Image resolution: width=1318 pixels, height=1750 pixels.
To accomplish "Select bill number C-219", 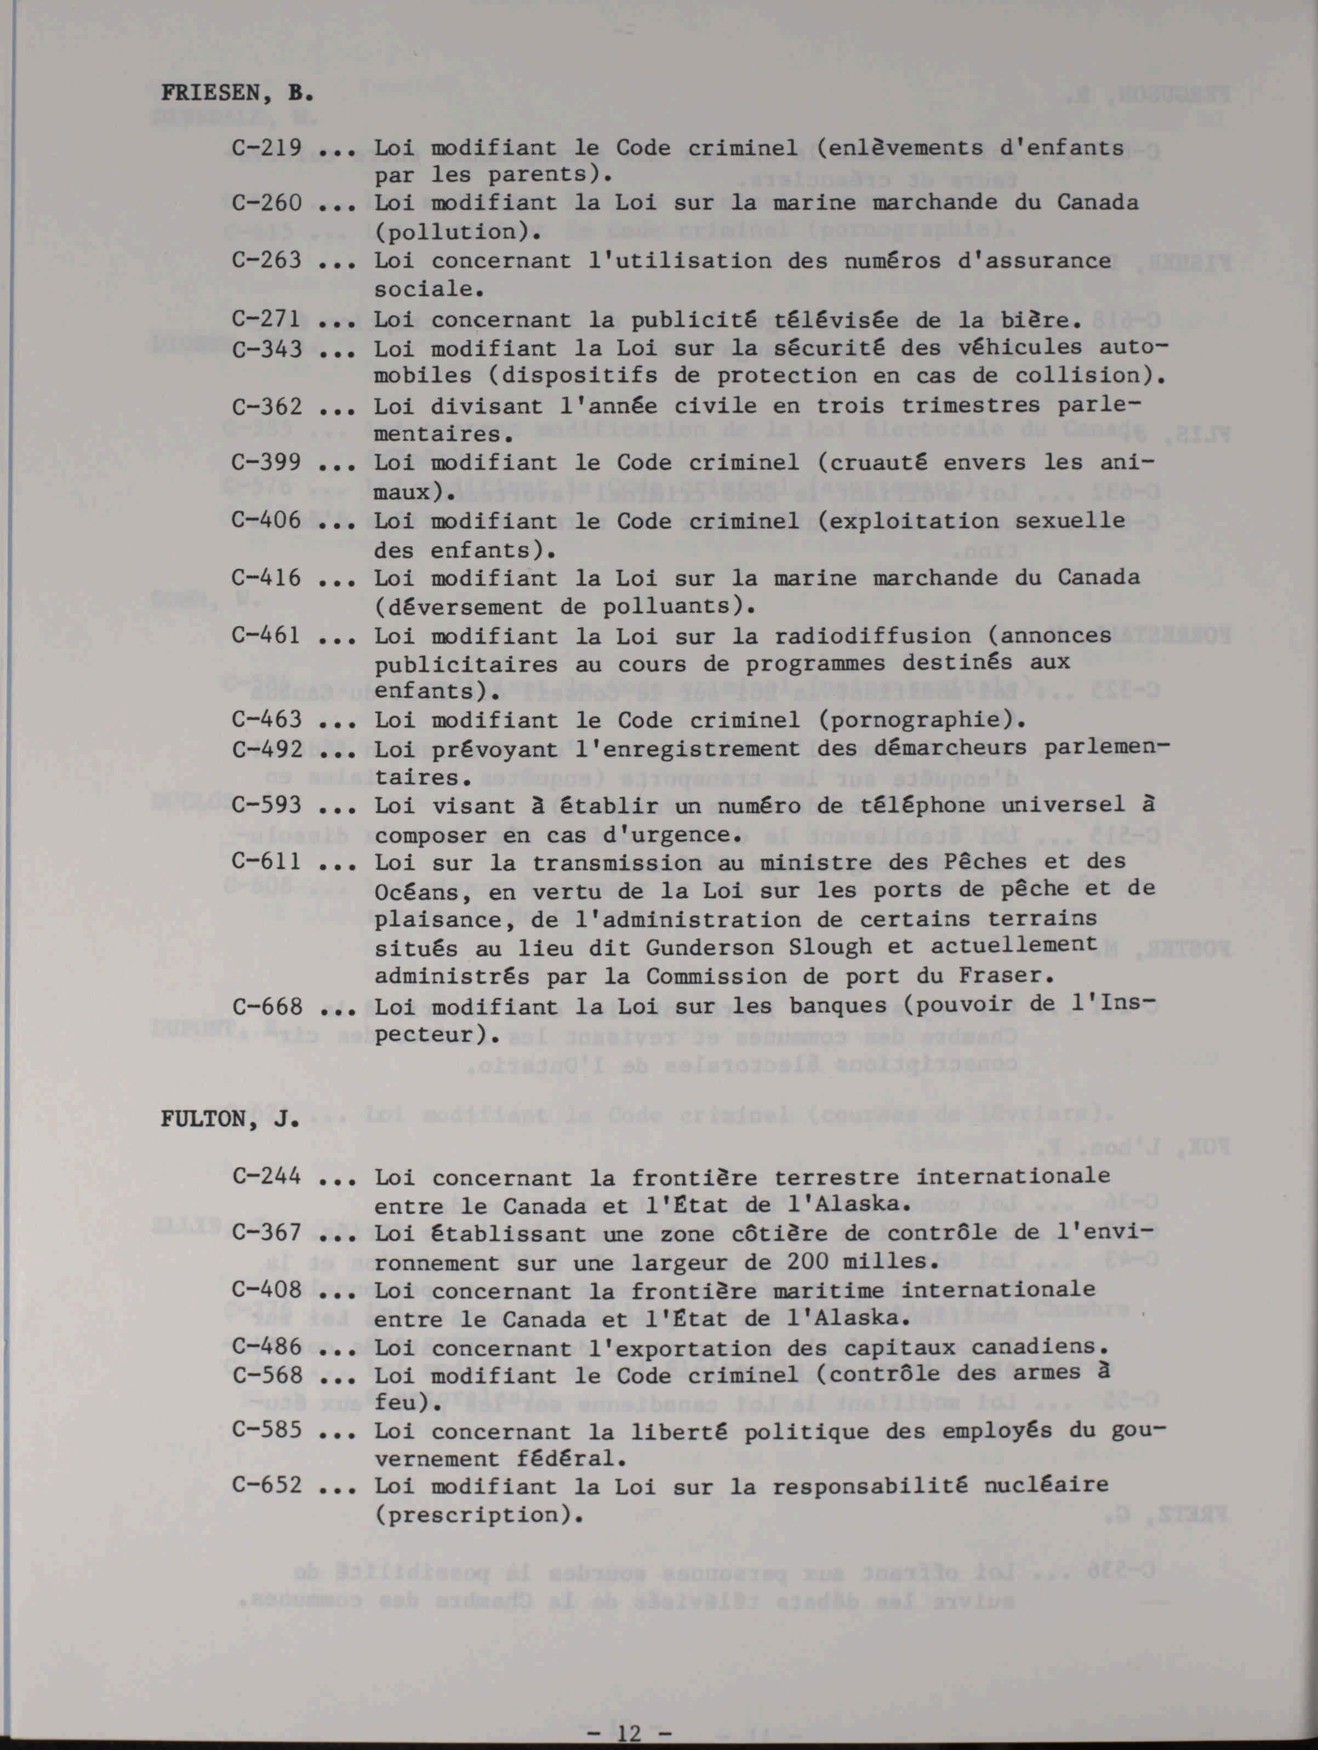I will [x=266, y=147].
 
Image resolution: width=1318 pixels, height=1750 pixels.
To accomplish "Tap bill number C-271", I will [x=266, y=320].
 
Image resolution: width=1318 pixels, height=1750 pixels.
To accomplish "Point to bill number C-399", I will [x=266, y=463].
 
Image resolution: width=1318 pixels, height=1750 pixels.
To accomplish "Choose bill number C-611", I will [x=266, y=862].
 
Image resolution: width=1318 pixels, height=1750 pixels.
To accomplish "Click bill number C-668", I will [x=266, y=1006].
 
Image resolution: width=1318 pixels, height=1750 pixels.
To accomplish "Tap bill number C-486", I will [x=266, y=1347].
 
